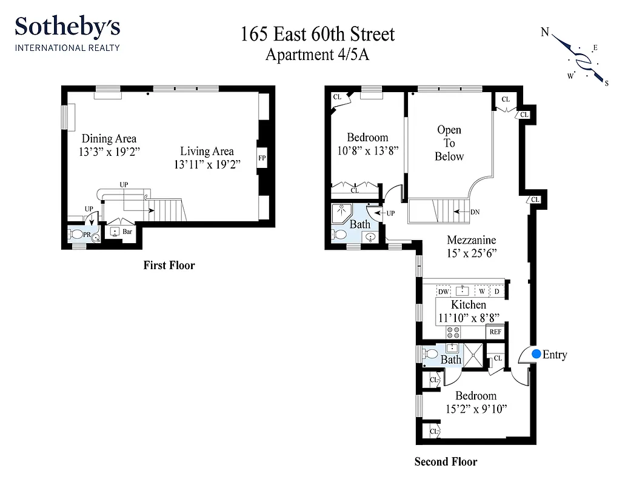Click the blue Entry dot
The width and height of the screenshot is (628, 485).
[536, 354]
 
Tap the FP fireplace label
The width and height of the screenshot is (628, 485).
[262, 158]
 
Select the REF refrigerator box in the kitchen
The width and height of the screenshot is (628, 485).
[495, 332]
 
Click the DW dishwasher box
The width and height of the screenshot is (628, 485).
[443, 292]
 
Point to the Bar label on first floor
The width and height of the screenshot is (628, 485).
[127, 231]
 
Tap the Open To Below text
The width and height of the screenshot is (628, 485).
[449, 143]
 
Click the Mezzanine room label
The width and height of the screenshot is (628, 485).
[472, 239]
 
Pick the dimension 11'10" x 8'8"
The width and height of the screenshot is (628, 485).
[469, 317]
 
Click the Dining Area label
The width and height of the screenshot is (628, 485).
[109, 138]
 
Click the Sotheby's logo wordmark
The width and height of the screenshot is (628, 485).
[67, 27]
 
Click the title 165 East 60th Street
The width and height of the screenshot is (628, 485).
[318, 34]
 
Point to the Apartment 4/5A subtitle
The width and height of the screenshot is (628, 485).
[318, 55]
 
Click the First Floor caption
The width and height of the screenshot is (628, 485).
[169, 265]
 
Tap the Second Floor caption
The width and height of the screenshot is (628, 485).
[446, 462]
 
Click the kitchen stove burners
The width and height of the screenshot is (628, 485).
[453, 332]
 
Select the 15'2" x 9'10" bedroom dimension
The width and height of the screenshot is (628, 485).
[476, 409]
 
